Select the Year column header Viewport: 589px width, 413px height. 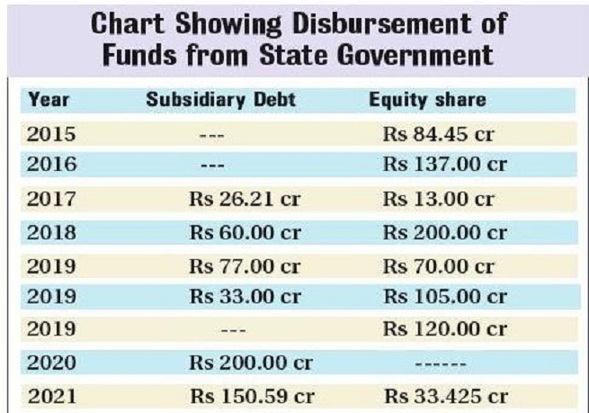pos(49,100)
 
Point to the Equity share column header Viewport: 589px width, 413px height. pos(427,100)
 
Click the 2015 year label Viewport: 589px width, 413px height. pos(51,136)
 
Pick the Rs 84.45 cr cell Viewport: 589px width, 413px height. pos(439,136)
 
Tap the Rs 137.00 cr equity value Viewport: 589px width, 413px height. pos(444,165)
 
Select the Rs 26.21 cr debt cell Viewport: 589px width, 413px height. pos(245,199)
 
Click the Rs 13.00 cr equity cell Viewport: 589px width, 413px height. pos(439,199)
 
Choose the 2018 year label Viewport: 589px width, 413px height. pos(51,233)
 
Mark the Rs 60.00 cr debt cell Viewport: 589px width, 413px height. pos(245,233)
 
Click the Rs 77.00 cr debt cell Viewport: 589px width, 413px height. pos(245,266)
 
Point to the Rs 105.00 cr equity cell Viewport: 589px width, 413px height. pos(444,297)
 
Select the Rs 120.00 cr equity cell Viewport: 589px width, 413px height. pos(444,330)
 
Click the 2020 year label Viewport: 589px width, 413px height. pos(51,364)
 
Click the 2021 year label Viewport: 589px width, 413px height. pos(51,396)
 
